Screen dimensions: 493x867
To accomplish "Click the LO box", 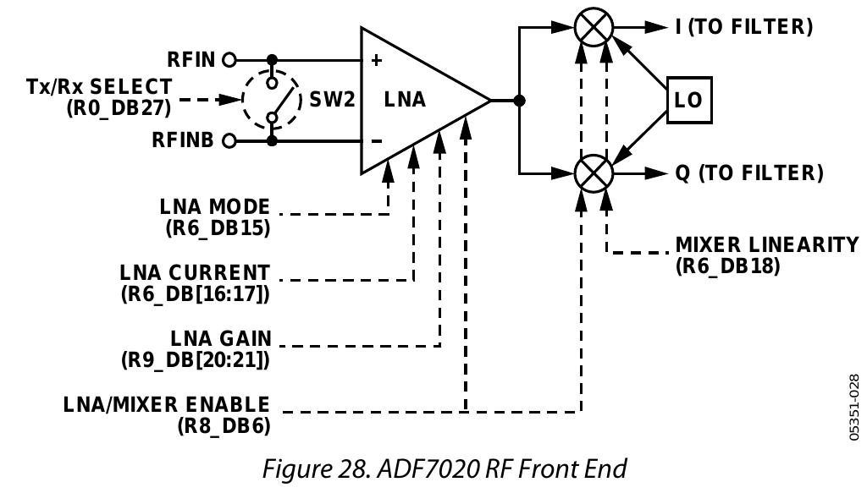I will coord(688,100).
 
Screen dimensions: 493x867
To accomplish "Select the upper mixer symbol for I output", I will coord(594,27).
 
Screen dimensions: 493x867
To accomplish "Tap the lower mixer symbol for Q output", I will coord(594,173).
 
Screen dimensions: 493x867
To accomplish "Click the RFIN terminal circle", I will coord(229,60).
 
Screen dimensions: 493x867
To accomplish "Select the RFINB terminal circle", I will coord(229,140).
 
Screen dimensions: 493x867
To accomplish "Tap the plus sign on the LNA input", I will coord(376,61).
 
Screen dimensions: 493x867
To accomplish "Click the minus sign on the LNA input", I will coord(376,140).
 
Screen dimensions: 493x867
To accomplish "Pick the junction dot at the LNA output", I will coord(520,101).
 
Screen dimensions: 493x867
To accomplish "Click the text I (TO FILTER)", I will coord(743,27).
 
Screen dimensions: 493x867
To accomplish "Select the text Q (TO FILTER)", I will coord(748,173).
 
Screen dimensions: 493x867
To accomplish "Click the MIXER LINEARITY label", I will coord(766,245).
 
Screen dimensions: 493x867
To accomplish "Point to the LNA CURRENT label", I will coord(195,273).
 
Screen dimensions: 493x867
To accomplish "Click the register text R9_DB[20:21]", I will coord(196,359).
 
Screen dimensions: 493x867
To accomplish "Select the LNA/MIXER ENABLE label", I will coord(167,404).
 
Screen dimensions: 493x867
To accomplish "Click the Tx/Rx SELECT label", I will coord(99,87).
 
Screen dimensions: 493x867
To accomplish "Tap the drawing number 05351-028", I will coord(853,407).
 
